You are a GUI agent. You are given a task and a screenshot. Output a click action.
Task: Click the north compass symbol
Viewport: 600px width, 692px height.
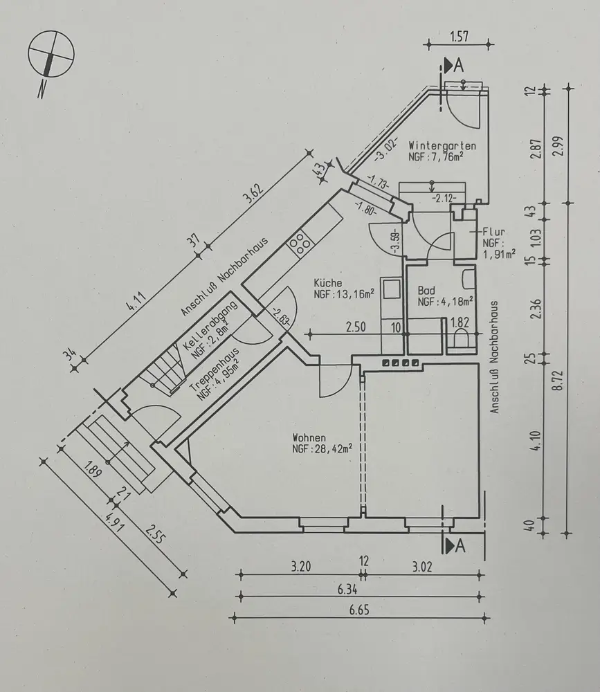pos(51,57)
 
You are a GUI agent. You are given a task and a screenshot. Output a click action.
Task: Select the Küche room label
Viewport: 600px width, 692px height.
pos(326,282)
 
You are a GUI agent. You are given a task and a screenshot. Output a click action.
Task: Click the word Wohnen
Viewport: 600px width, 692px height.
pos(309,437)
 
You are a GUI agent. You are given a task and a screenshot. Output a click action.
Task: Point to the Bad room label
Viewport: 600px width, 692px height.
pos(426,291)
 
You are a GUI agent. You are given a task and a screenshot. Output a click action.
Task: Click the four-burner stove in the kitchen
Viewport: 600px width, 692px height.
pos(299,242)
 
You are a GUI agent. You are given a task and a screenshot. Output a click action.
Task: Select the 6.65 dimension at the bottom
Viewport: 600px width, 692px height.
pos(361,610)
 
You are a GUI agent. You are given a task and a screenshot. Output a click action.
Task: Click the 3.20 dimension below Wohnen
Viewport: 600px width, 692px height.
pos(300,566)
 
